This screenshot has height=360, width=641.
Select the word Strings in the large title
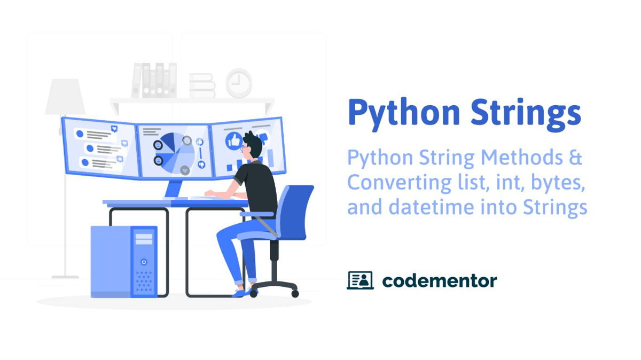(526, 112)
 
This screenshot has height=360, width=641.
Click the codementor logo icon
(360, 280)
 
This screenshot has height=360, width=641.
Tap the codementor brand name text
(439, 280)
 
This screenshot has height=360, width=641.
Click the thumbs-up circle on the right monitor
(234, 140)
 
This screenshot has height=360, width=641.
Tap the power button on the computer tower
(144, 262)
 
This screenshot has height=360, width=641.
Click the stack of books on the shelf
(202, 85)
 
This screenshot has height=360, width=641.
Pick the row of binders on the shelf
(154, 80)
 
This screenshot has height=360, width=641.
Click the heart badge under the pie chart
(185, 170)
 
